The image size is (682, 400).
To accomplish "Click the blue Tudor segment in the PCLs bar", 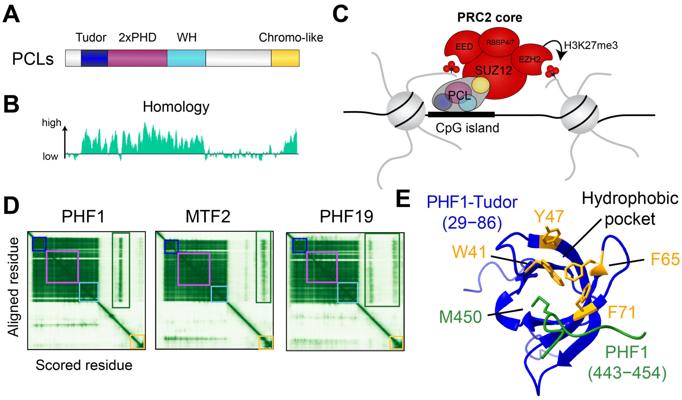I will [94, 58].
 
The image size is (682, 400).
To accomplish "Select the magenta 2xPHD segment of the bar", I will [137, 58].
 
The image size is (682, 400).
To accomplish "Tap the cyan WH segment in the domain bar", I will [186, 58].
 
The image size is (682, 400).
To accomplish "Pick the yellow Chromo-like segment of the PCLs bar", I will [285, 58].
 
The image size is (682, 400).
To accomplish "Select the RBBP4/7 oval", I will [500, 43].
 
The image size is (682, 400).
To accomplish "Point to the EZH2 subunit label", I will [529, 59].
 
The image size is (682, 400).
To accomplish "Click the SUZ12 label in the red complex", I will [493, 71].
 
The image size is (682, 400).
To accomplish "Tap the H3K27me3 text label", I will [591, 45].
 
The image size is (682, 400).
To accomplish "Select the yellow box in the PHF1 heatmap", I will [137, 342].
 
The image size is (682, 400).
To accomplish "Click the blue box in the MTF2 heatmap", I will [171, 247].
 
